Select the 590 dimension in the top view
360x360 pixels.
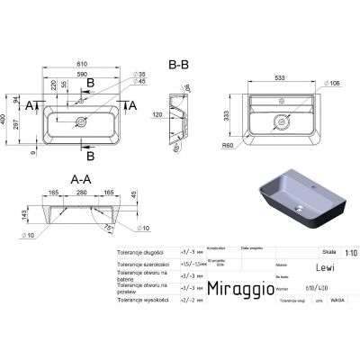(82, 78)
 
